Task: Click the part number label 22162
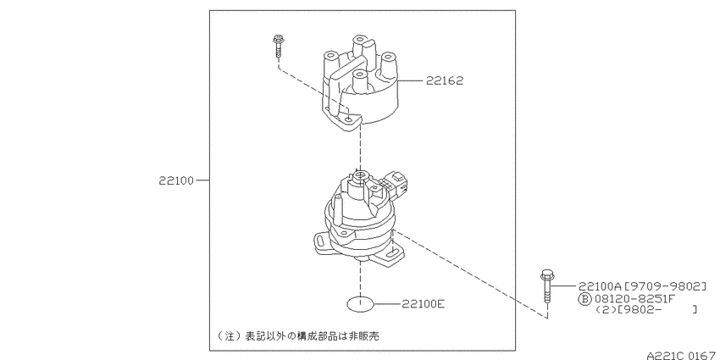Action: [x=445, y=80]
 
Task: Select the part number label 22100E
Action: [x=423, y=303]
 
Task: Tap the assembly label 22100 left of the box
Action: [x=176, y=180]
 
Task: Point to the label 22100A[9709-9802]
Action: [x=642, y=286]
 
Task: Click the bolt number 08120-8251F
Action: [x=634, y=298]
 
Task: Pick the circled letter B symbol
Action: [x=584, y=299]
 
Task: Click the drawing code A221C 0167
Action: [x=681, y=355]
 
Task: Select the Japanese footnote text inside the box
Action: [x=298, y=336]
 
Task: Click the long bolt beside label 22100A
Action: [x=546, y=286]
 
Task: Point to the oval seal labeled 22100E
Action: [x=361, y=304]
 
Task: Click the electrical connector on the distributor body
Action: [x=395, y=183]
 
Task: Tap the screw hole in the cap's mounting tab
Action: [x=350, y=119]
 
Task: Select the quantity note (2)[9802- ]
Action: [x=645, y=309]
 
